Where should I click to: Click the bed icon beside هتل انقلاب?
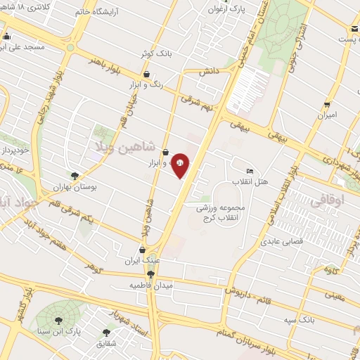pos(250,172)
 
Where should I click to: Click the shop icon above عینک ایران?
pos(143,250)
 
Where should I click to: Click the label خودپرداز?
pos(13,151)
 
